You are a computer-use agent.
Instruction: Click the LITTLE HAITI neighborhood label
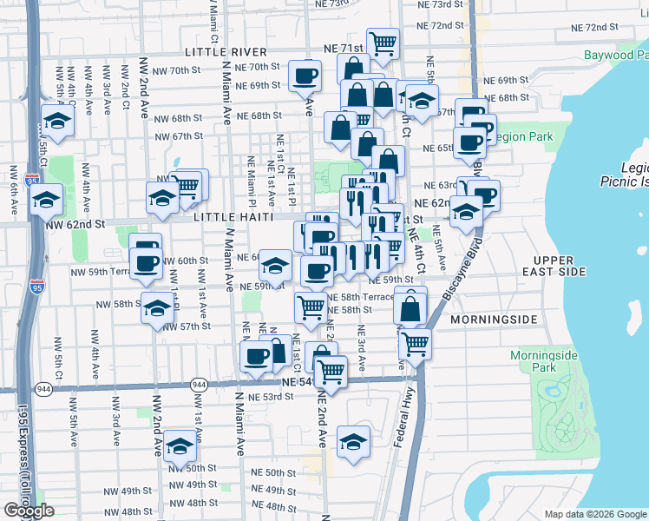(234, 217)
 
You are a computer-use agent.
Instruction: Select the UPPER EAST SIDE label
(567, 267)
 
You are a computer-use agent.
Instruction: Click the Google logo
(29, 511)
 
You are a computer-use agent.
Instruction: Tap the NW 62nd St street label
(75, 224)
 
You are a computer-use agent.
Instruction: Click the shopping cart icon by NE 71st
(383, 42)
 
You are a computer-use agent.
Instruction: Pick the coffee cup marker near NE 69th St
(304, 76)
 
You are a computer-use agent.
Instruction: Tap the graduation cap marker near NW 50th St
(180, 445)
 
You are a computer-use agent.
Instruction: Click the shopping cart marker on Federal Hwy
(415, 343)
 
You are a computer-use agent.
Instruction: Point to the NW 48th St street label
(188, 503)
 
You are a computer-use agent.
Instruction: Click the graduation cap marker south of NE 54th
(353, 442)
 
